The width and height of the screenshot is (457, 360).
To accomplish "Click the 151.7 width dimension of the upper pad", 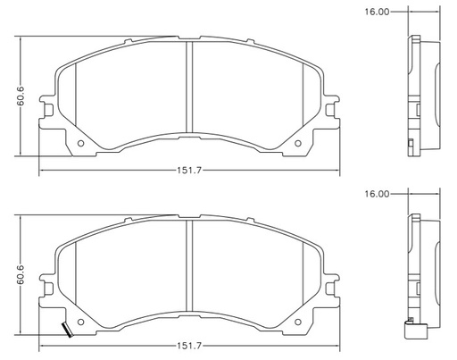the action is pos(189,171).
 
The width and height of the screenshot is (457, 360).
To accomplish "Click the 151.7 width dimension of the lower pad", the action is pos(189,346).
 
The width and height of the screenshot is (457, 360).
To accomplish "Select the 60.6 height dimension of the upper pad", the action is pos(21,96).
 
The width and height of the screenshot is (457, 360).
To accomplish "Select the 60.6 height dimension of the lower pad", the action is pos(21,274).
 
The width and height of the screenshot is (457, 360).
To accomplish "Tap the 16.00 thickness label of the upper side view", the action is pos(377,12).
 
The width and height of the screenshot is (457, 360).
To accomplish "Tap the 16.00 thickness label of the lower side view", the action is pos(377,194).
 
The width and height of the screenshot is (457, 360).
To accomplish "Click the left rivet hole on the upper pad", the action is pos(80,143).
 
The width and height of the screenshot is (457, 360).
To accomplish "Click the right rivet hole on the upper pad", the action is pos(298,143).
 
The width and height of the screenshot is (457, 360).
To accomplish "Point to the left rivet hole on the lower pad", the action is pos(80,322).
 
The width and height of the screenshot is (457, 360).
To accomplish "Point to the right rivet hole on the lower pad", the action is pos(298,322).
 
